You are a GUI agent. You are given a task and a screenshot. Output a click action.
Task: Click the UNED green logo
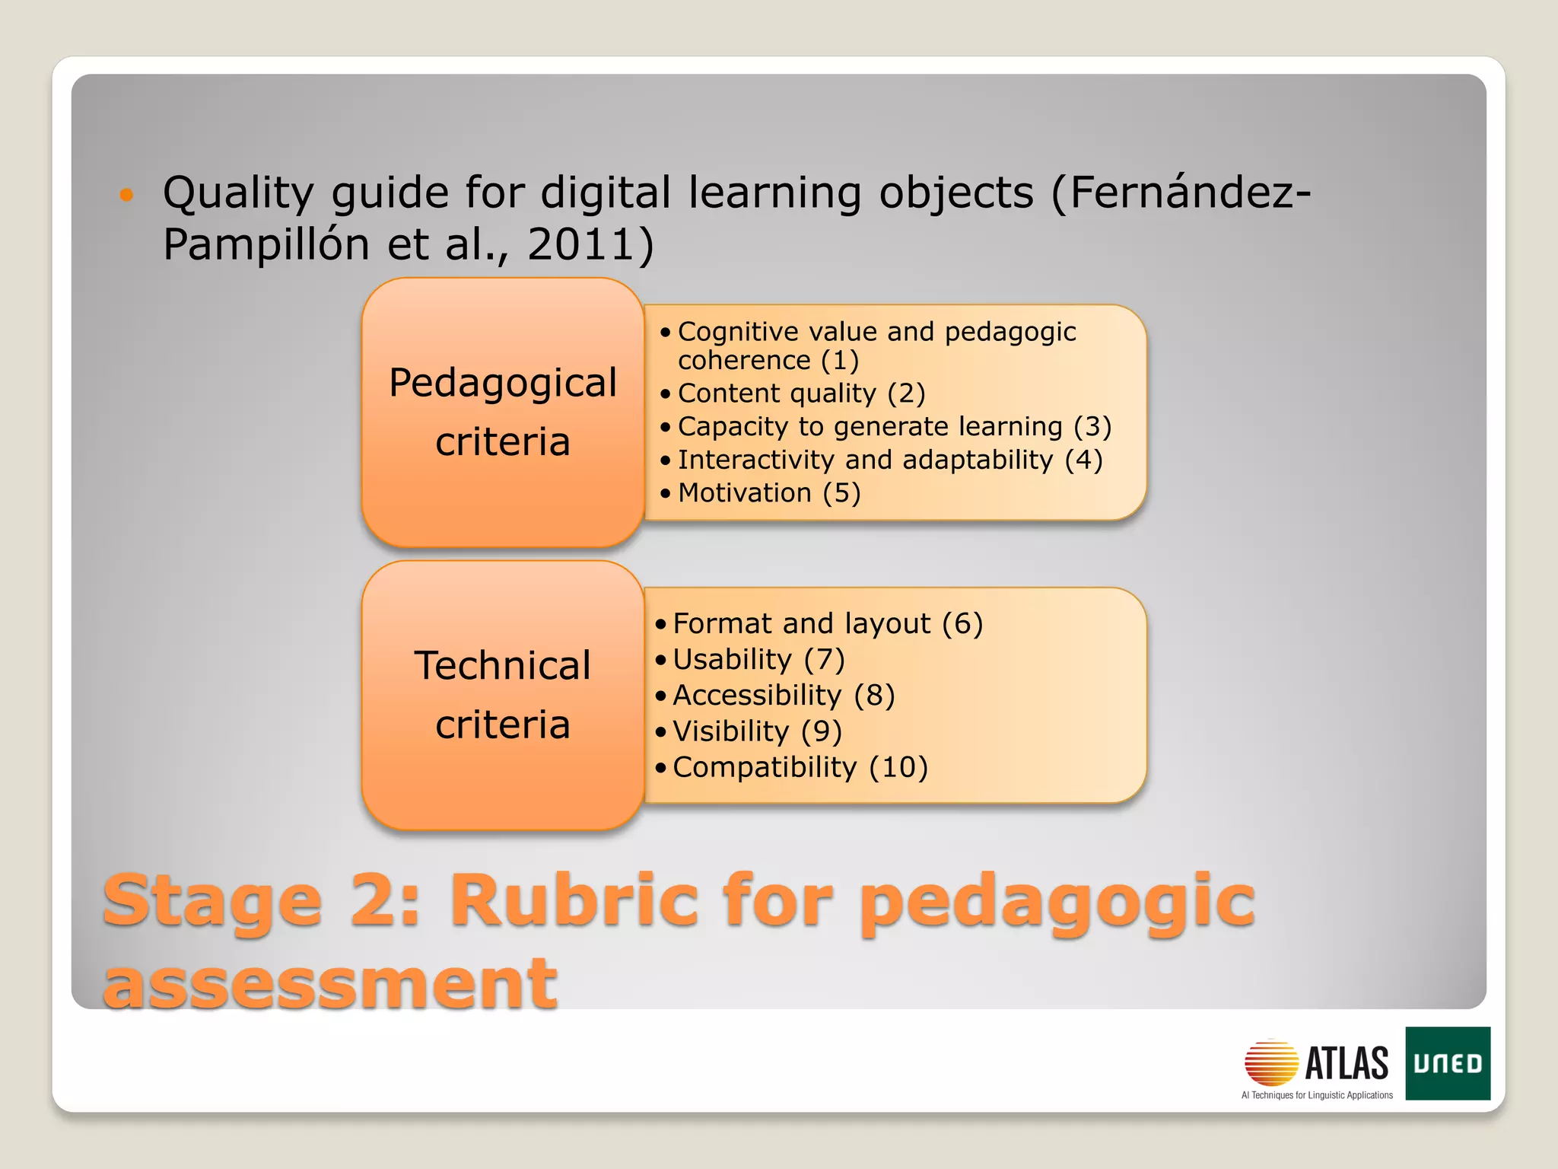pos(1447,1062)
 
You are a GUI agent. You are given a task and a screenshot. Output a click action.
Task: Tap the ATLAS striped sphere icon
pos(1270,1062)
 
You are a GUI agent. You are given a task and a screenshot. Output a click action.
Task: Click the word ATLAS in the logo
pos(1347,1062)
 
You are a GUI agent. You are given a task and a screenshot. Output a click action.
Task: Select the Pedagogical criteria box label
pos(502,412)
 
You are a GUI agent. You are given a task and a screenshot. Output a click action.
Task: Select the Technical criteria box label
pos(502,694)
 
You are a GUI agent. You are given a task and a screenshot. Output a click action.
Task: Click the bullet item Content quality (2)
pos(800,393)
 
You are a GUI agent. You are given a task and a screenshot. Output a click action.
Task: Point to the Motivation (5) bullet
pos(768,493)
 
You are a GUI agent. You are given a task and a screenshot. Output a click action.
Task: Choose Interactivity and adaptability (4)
pos(889,460)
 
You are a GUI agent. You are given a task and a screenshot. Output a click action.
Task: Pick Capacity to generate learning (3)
pos(894,427)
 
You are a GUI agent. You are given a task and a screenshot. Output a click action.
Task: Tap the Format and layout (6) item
pos(827,624)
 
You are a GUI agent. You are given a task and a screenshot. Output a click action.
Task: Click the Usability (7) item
pos(758,660)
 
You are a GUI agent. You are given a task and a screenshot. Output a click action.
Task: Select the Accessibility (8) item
pos(783,696)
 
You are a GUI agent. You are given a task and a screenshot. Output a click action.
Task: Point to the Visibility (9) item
pos(757,731)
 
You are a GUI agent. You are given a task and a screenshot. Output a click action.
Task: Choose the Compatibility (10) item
pos(800,767)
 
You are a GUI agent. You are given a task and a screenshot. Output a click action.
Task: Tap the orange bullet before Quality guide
pos(126,195)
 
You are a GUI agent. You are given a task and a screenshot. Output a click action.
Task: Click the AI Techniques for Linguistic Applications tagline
pos(1316,1095)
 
